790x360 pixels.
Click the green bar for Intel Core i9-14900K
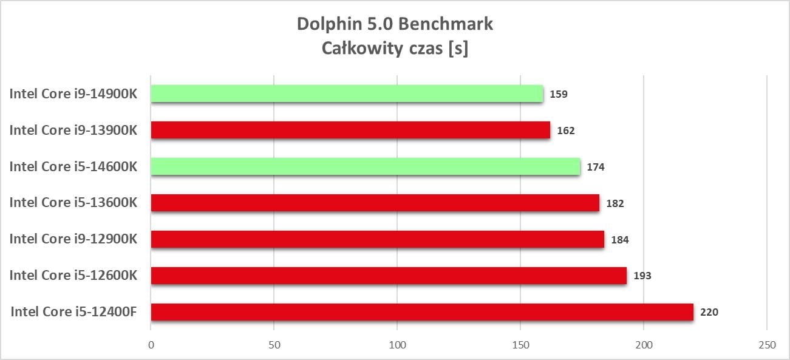coord(347,93)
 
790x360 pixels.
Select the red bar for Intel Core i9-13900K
coord(350,130)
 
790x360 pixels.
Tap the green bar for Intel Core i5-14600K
coord(365,166)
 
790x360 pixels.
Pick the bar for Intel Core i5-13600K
coord(375,203)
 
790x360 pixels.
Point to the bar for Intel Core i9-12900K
coord(377,239)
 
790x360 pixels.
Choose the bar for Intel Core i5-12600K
coord(389,276)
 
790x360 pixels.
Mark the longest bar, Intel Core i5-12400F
coord(421,312)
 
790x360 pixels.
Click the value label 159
coord(559,94)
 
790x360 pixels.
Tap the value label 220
coord(709,313)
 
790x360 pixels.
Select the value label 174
coord(595,167)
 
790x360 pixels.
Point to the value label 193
coord(642,276)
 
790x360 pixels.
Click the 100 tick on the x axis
coord(397,345)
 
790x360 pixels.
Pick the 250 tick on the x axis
coord(767,345)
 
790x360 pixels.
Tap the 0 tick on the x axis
coord(151,345)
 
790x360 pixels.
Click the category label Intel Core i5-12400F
coord(73,312)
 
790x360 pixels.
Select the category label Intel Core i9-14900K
coord(73,93)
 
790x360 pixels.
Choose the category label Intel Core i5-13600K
coord(73,203)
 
